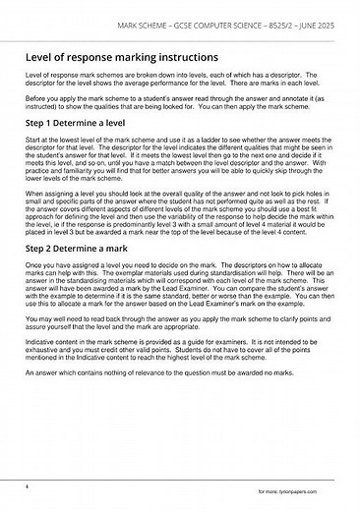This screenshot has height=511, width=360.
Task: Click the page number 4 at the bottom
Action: point(27,486)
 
